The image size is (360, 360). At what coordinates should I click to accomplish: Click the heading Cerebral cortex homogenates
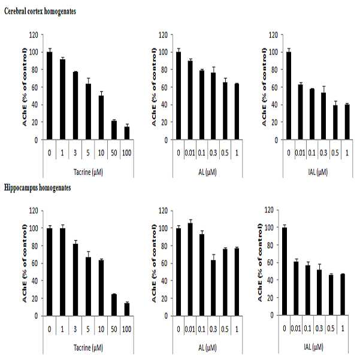pyautogui.click(x=40, y=11)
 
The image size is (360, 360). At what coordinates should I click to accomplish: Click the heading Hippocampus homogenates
pyautogui.click(x=37, y=188)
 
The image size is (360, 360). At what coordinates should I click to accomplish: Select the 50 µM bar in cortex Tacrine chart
pyautogui.click(x=114, y=130)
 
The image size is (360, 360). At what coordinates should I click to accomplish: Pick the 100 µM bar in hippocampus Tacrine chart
pyautogui.click(x=127, y=309)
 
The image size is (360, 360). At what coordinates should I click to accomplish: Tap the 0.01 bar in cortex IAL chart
pyautogui.click(x=300, y=112)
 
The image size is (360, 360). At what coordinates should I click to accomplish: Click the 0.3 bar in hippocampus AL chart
pyautogui.click(x=213, y=288)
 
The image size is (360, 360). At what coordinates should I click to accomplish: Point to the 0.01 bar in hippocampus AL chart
pyautogui.click(x=190, y=270)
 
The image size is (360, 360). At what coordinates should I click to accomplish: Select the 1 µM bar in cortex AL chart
pyautogui.click(x=237, y=111)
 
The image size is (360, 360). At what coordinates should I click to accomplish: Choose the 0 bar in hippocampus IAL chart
pyautogui.click(x=285, y=271)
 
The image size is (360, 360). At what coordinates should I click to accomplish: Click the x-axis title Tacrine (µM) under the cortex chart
pyautogui.click(x=88, y=172)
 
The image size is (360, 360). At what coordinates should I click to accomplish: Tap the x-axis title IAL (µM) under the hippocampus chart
pyautogui.click(x=313, y=347)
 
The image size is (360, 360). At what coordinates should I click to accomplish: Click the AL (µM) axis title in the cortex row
pyautogui.click(x=207, y=172)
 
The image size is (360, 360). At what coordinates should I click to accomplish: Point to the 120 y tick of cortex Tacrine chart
pyautogui.click(x=34, y=35)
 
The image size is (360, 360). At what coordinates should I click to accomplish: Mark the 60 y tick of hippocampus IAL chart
pyautogui.click(x=270, y=262)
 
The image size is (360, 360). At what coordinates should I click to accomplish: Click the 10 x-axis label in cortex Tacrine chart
pyautogui.click(x=101, y=153)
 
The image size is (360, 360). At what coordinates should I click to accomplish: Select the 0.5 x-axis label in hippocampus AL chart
pyautogui.click(x=225, y=329)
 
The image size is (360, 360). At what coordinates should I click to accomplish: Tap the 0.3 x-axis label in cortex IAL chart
pyautogui.click(x=323, y=153)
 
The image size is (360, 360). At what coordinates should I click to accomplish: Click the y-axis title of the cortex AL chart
pyautogui.click(x=154, y=87)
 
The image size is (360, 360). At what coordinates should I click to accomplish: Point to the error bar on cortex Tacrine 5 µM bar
pyautogui.click(x=88, y=81)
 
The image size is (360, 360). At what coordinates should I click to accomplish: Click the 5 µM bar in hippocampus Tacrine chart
pyautogui.click(x=88, y=286)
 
